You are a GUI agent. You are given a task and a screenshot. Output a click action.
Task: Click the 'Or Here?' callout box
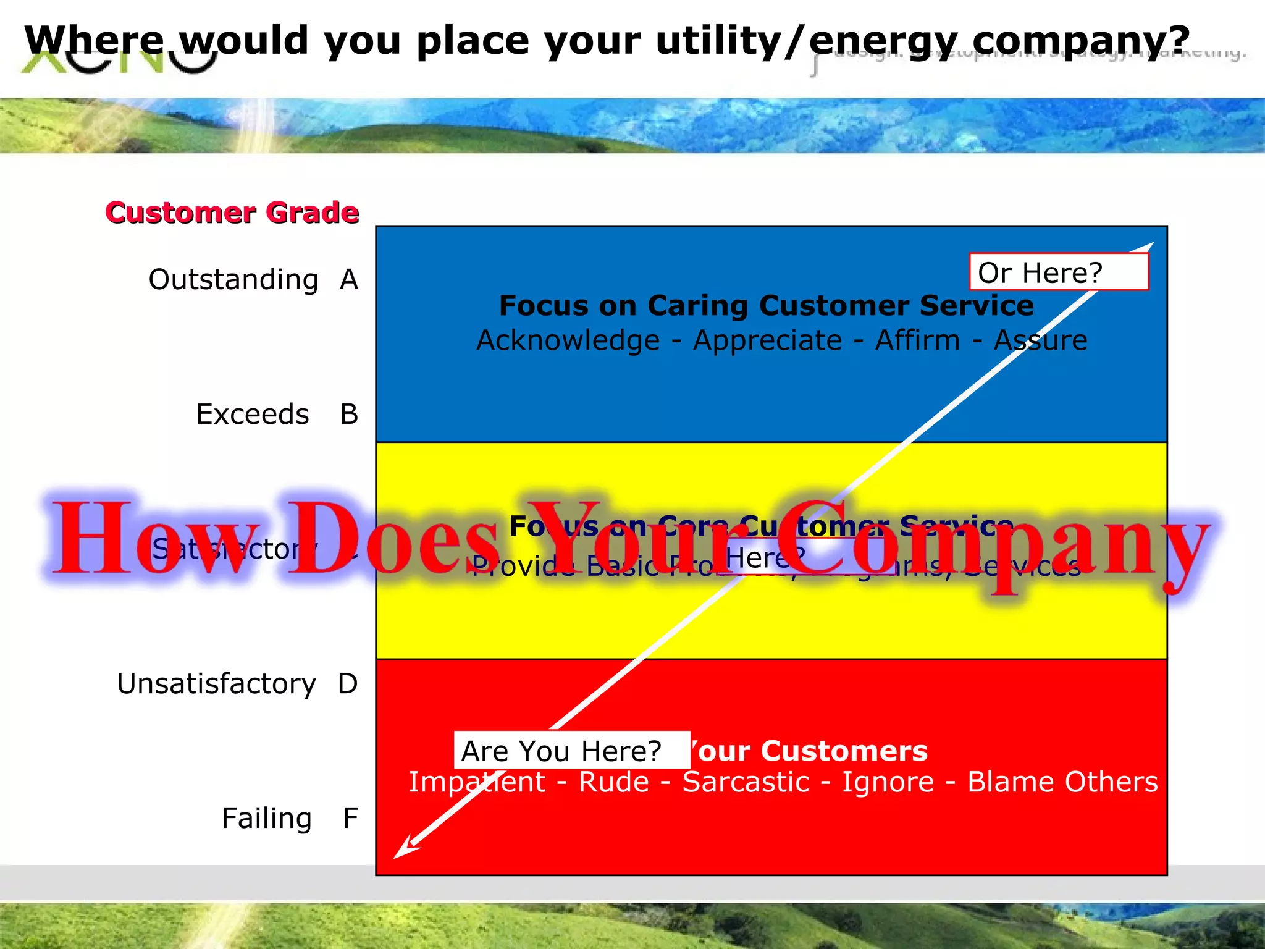tap(1059, 272)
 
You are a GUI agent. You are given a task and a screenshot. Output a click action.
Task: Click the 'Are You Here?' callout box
tap(571, 751)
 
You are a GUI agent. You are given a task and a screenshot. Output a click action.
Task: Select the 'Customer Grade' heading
tap(232, 213)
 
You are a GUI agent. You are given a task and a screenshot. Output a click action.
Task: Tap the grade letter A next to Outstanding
tap(349, 280)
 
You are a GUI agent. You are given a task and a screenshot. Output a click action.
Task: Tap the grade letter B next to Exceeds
tap(349, 415)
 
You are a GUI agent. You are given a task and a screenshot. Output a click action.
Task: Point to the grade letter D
tap(348, 684)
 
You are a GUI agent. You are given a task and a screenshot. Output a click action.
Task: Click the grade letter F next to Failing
tap(351, 819)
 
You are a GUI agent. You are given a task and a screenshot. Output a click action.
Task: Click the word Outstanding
tap(233, 280)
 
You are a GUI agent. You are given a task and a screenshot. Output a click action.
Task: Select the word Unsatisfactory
tap(216, 684)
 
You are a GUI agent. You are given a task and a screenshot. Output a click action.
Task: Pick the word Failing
tap(267, 819)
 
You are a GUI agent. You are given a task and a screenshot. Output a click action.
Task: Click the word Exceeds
tap(252, 415)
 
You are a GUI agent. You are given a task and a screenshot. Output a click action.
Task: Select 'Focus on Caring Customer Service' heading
tap(766, 306)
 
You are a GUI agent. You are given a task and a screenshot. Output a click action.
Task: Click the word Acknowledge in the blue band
tap(568, 340)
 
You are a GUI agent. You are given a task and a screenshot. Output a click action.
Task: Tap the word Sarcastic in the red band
tap(746, 782)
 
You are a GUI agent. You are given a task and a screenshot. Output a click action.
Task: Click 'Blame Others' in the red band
tap(1062, 782)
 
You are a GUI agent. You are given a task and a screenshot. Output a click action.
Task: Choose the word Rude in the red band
tap(613, 782)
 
